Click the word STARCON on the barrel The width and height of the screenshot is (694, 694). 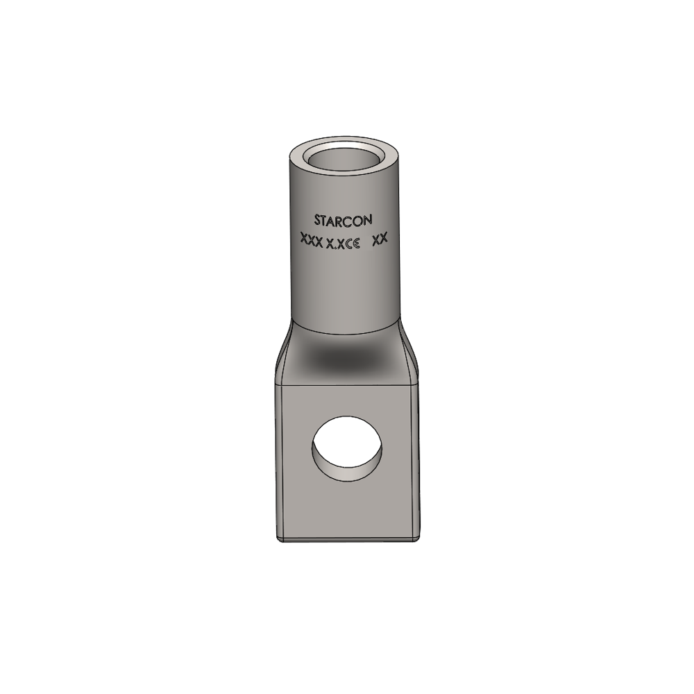(x=343, y=220)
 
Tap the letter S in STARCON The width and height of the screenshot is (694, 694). (x=317, y=221)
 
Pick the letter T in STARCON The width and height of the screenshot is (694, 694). (x=325, y=221)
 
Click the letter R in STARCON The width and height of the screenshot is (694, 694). (x=341, y=220)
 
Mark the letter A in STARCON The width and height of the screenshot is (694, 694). (x=333, y=221)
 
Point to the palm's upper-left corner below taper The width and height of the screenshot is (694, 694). (x=277, y=384)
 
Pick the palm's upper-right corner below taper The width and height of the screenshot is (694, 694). (x=418, y=384)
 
